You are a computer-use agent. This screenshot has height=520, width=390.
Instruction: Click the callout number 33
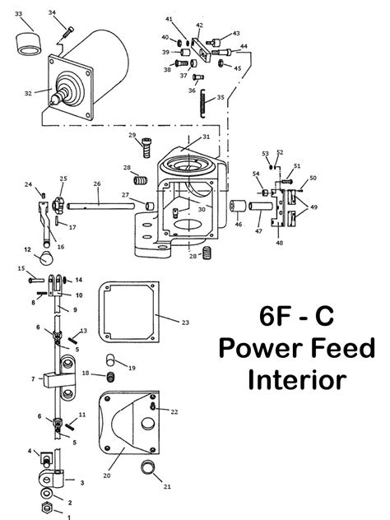pos(19,14)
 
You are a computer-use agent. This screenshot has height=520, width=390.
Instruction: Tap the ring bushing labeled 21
pos(148,471)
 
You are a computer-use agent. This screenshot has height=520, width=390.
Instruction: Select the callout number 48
pos(280,244)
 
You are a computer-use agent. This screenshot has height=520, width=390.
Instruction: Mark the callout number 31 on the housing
pos(206,136)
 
